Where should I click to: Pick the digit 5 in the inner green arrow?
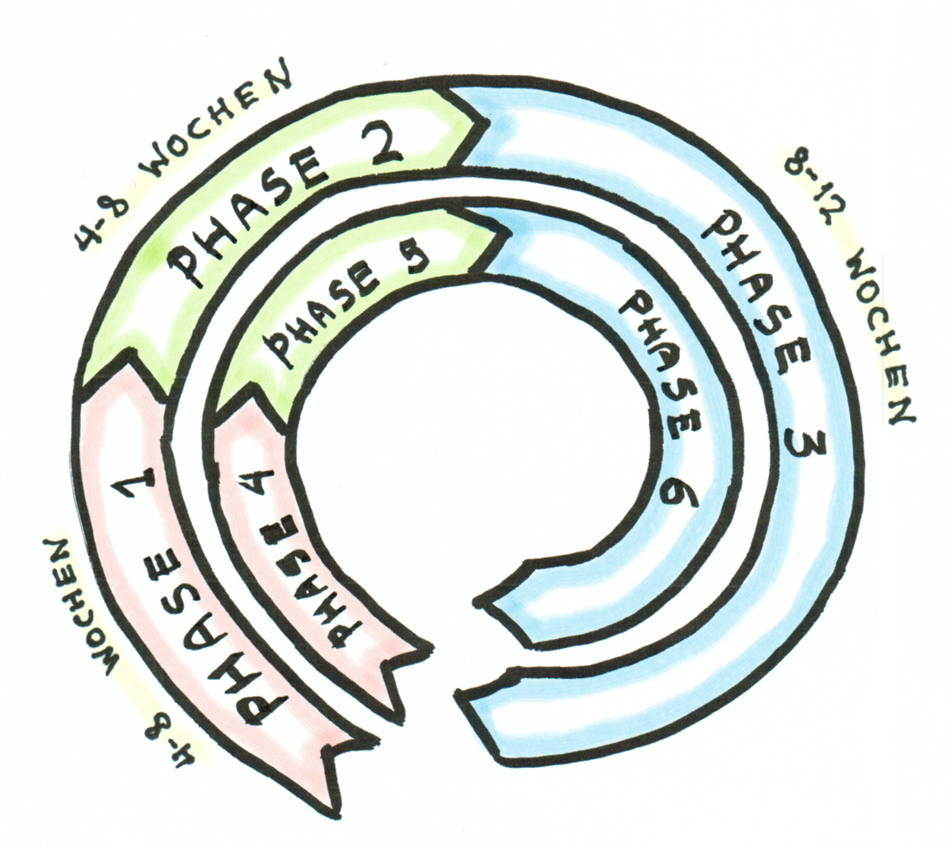[412, 260]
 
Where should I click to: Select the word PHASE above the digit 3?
[756, 295]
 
